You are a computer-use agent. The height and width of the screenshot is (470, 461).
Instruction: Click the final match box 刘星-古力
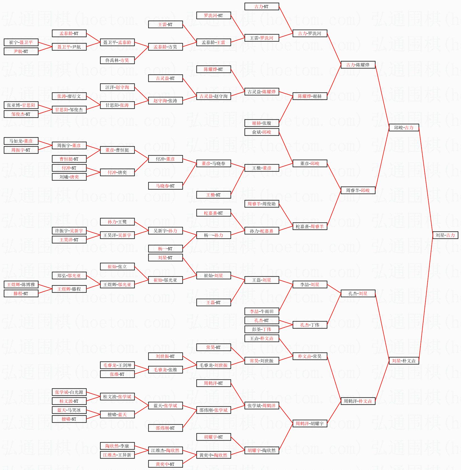point(445,235)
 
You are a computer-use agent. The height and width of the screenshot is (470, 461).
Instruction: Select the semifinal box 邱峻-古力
point(404,128)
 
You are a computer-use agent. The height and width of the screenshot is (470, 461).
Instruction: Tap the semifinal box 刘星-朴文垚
point(404,361)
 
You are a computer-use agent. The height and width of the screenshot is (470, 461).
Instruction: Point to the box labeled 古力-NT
point(262,6)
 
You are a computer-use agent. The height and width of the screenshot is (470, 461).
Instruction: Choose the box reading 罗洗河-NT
point(214,15)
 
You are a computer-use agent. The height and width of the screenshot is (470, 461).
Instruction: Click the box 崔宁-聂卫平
point(21,42)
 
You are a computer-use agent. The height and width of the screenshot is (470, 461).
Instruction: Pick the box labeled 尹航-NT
point(21,51)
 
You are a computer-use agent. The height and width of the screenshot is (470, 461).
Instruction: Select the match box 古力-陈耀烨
point(358,65)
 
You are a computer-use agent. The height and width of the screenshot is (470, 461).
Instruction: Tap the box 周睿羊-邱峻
point(358,190)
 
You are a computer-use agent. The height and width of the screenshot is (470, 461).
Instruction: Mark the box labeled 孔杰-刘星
point(358,293)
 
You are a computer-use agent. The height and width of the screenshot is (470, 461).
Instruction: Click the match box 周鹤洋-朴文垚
point(358,401)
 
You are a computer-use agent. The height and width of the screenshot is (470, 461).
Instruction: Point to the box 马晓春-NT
point(165,186)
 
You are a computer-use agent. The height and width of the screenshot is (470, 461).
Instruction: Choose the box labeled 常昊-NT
point(214,347)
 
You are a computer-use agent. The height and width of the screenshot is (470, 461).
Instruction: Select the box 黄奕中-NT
point(165,464)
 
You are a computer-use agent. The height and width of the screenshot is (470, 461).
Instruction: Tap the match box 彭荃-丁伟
point(262,329)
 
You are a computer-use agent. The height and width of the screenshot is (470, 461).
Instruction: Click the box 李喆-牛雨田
point(262,311)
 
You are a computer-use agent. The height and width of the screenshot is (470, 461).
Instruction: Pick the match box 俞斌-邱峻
point(262,132)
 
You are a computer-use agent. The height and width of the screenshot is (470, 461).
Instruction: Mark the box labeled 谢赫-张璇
point(262,123)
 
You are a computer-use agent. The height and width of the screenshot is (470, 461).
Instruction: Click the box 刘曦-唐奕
point(69,177)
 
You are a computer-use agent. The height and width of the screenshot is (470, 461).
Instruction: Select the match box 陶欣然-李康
point(117,446)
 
